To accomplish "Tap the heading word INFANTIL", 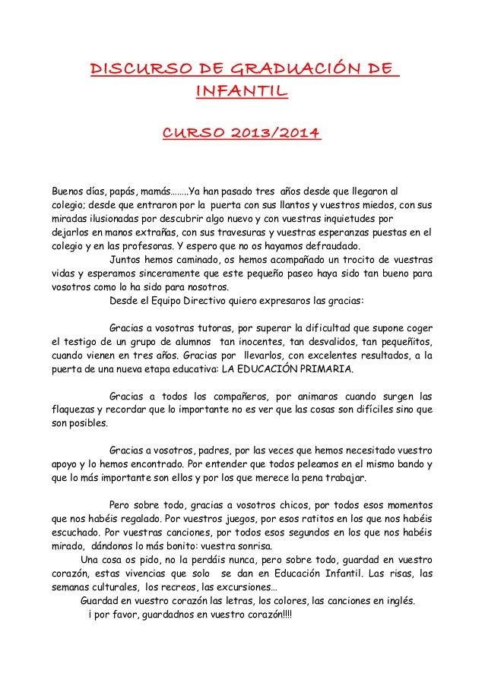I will (x=242, y=93).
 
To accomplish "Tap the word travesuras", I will (x=240, y=232).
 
